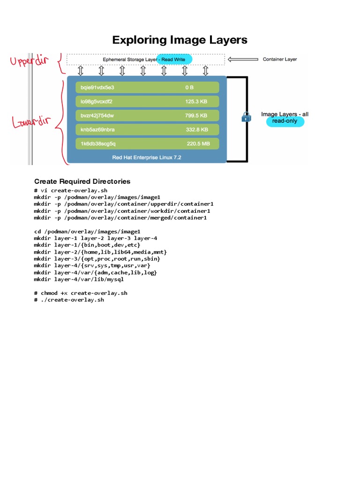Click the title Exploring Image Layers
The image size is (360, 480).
pos(180,40)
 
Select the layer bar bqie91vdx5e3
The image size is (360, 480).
pos(147,87)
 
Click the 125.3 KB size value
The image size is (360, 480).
pos(196,101)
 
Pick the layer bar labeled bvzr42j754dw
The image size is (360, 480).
pos(147,115)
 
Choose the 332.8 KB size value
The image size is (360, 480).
pos(196,129)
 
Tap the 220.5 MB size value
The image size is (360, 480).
pos(198,143)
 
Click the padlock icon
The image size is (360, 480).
pos(246,117)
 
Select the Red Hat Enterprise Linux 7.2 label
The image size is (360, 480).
pos(146,157)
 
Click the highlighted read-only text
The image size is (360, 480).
pos(285,121)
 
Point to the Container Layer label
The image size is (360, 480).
pos(279,59)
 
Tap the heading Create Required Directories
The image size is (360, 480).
pos(82,181)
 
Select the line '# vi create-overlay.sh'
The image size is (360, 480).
pos(71,190)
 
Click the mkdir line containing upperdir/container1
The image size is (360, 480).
pos(124,204)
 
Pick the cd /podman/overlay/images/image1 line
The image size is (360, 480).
pos(87,231)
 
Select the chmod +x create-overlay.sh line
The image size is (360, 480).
pos(80,293)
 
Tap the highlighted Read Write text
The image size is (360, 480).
pos(173,60)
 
